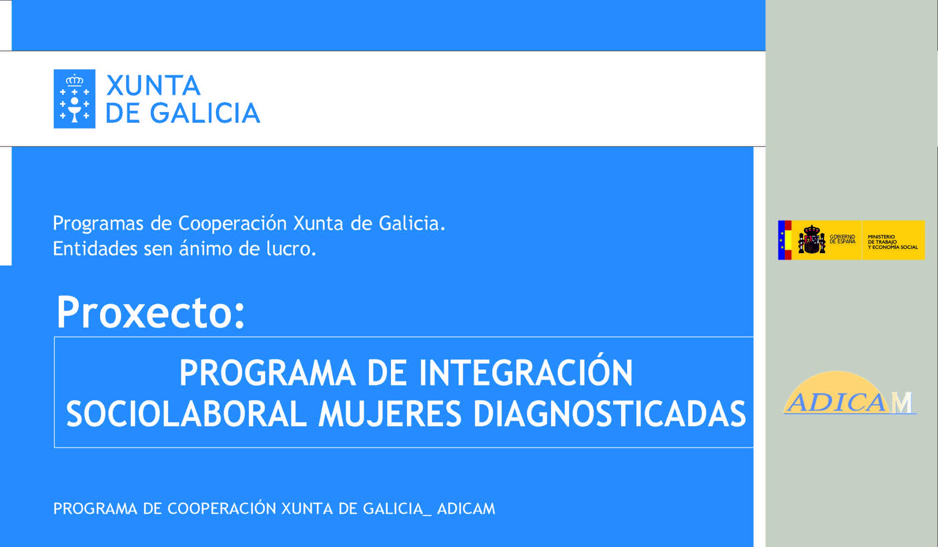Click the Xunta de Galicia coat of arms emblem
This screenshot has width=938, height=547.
tap(74, 99)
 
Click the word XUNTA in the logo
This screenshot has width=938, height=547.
tap(154, 86)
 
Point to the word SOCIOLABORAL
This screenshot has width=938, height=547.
tap(186, 414)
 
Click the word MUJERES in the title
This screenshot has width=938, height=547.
tap(390, 414)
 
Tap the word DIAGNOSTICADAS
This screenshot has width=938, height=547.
tap(610, 414)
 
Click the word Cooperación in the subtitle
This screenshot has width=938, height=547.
tap(232, 223)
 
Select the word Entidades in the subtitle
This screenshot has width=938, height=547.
tap(95, 248)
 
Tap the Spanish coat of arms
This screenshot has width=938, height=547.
tap(812, 240)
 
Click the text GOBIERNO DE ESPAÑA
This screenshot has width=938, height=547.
tap(842, 239)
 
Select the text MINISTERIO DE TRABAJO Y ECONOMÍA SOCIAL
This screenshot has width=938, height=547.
tap(893, 242)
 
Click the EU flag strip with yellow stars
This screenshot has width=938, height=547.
tap(781, 240)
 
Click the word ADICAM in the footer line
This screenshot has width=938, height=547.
tap(466, 509)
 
